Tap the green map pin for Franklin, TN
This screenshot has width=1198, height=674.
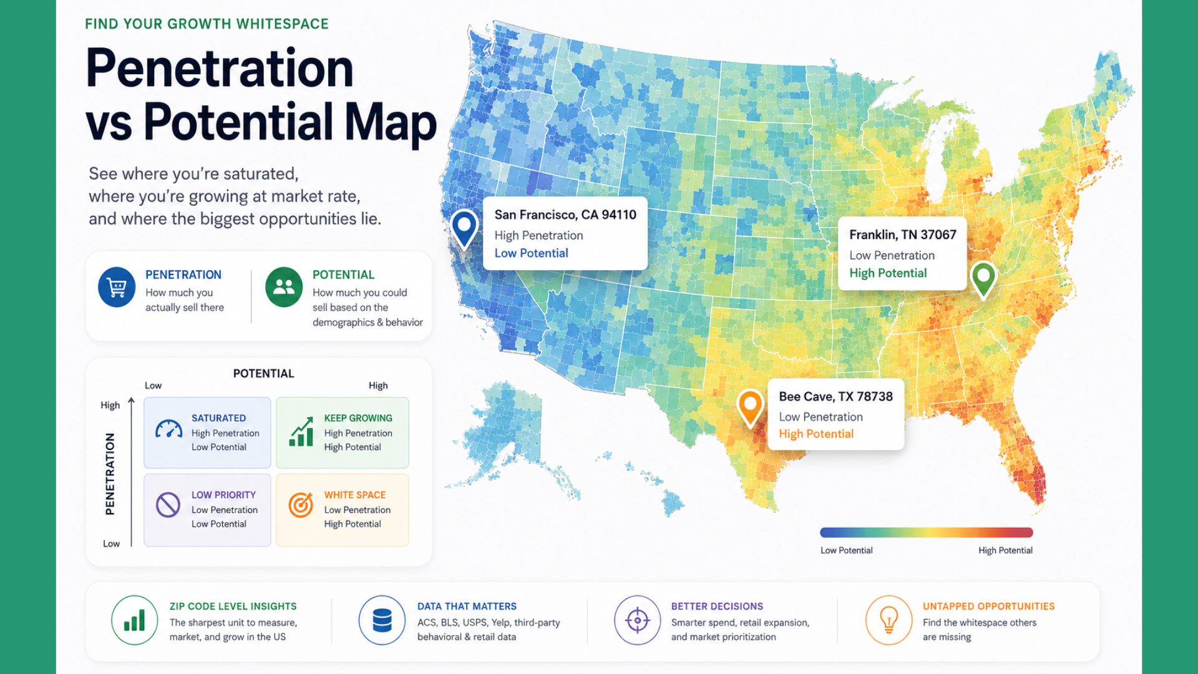(983, 278)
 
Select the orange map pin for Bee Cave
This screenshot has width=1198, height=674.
(750, 407)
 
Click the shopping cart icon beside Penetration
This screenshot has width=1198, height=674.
(117, 287)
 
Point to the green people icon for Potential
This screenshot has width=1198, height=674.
(284, 287)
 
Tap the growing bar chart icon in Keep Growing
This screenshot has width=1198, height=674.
(301, 432)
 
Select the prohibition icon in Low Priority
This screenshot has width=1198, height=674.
(168, 505)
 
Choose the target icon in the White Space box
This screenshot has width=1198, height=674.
(301, 505)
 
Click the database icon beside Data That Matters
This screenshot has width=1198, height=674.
(382, 620)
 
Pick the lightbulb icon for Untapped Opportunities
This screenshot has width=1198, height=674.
(889, 620)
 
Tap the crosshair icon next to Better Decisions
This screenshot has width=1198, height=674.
(637, 620)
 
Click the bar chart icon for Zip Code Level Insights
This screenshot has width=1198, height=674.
(134, 620)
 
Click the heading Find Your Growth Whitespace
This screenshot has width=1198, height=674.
(207, 24)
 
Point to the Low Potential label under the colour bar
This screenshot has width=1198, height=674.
(846, 550)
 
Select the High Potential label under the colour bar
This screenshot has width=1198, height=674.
(1005, 550)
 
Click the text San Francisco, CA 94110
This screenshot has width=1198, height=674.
(565, 215)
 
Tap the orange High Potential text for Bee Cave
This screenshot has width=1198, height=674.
(816, 434)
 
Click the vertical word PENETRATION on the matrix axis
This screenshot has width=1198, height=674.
(110, 474)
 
